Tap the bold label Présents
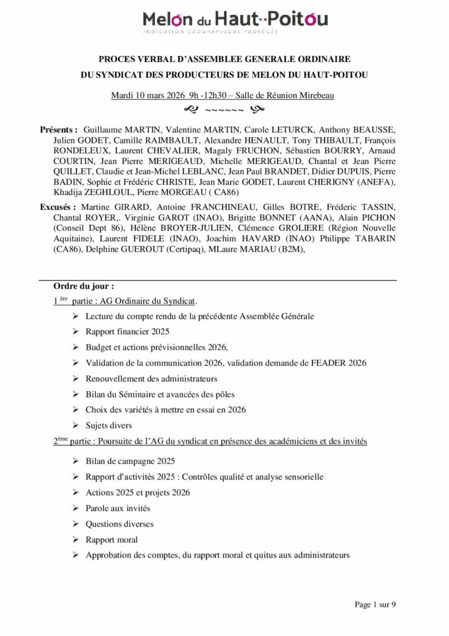(58, 130)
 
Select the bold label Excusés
(57, 206)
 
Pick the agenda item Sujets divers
(109, 425)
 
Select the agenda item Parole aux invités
(118, 508)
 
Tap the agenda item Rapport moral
(112, 540)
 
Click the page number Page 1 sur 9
(375, 604)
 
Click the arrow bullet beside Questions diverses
(75, 524)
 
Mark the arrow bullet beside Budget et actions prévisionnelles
(75, 347)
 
